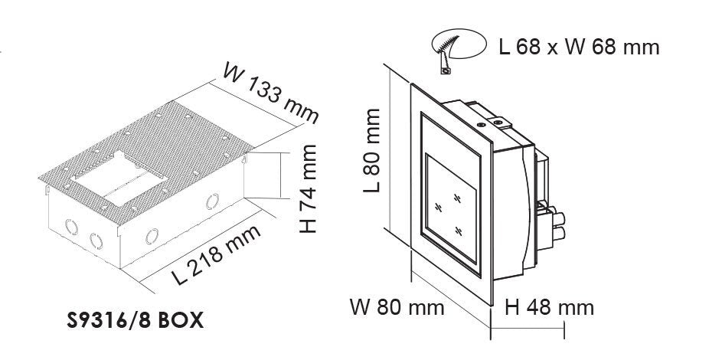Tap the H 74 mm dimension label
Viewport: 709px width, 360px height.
[x=308, y=189]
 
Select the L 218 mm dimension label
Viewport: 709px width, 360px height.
[x=217, y=254]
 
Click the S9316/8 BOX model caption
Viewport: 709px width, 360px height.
[x=135, y=320]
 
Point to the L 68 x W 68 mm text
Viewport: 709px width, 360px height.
[x=580, y=47]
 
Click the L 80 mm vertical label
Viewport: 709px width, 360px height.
[x=372, y=150]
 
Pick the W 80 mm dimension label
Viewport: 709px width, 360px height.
[x=397, y=308]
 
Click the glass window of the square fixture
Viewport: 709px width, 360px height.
[x=451, y=208]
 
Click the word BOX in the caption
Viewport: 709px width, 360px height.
[x=181, y=320]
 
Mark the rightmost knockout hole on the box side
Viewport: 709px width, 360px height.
[x=212, y=201]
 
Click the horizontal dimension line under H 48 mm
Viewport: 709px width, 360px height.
[x=528, y=327]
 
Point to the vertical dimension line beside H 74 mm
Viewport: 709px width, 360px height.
[x=280, y=175]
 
